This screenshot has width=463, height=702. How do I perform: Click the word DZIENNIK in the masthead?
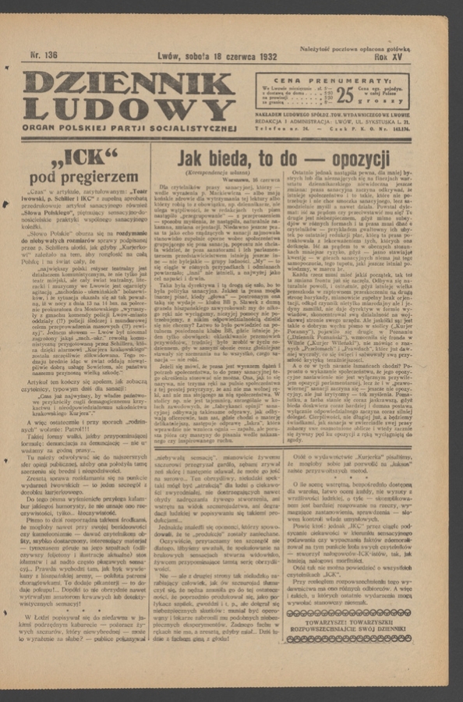click(x=128, y=83)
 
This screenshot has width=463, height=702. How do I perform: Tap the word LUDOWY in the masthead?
click(x=128, y=108)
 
